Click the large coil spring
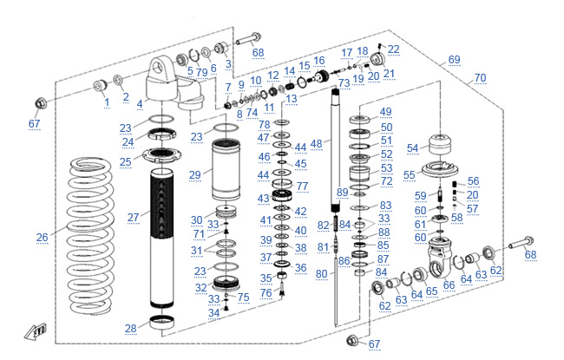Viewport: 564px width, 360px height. (94, 234)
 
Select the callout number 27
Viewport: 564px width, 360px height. (133, 216)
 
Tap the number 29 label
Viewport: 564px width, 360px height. (195, 174)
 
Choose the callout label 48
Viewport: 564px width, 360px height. (316, 142)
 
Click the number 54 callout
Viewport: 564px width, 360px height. (412, 147)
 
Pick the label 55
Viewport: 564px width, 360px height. (410, 174)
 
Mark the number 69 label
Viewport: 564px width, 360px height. (454, 60)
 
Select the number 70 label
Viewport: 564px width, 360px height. (480, 77)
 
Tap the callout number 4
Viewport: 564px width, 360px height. (139, 103)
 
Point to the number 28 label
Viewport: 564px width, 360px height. (131, 328)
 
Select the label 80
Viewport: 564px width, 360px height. (320, 274)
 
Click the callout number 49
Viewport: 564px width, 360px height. (385, 112)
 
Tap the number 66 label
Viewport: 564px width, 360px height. (449, 285)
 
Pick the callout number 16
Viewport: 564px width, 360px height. (318, 61)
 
